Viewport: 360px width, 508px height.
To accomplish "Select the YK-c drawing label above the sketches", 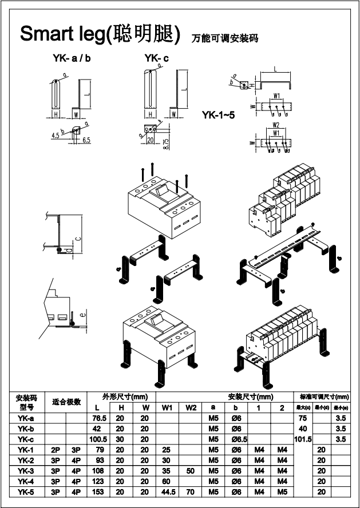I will (x=157, y=58).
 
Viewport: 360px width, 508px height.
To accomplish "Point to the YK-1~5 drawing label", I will (x=218, y=115).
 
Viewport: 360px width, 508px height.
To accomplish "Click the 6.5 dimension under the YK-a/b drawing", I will (x=87, y=139).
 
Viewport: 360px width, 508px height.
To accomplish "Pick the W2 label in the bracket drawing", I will (x=276, y=124).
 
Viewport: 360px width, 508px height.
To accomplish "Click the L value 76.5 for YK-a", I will (x=100, y=418).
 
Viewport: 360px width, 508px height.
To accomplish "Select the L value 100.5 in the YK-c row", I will (x=100, y=439).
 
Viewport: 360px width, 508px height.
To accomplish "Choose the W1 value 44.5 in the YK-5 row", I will (x=167, y=491).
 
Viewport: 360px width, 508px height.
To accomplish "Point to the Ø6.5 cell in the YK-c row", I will (x=236, y=439).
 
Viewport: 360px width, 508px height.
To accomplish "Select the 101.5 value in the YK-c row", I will (x=302, y=439).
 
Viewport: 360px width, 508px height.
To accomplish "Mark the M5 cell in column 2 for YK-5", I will (x=282, y=491).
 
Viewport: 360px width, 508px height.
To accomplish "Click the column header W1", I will (x=167, y=407).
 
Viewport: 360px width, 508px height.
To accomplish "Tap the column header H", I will (x=121, y=407).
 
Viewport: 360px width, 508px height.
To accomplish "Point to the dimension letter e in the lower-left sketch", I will (x=83, y=313).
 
